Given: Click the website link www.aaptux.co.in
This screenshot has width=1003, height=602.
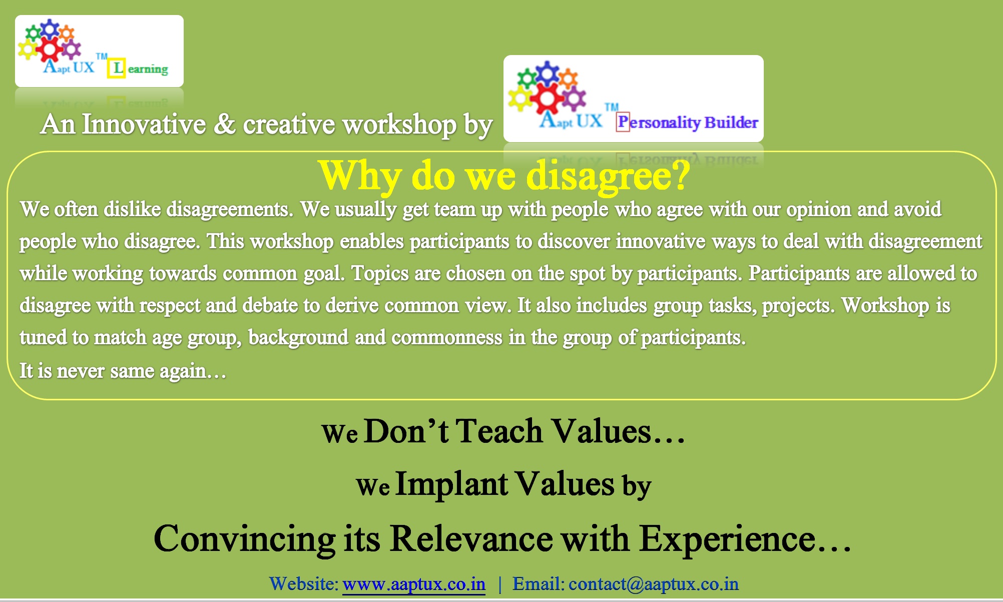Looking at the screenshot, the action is (x=414, y=584).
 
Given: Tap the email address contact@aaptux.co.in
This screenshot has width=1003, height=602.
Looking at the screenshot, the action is (x=654, y=584).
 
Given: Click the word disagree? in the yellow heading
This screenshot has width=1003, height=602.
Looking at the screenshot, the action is (x=609, y=176).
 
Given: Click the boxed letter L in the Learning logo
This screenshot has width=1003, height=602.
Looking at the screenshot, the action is (x=117, y=68).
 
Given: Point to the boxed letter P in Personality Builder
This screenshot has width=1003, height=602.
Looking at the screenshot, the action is (x=623, y=122).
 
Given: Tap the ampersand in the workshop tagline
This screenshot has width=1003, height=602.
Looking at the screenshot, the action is (x=224, y=124).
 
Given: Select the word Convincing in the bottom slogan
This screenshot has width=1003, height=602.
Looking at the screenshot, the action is (x=245, y=539).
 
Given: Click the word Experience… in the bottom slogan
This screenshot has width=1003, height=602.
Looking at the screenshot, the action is (x=745, y=539).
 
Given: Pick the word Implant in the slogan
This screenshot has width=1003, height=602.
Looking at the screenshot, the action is (x=452, y=484).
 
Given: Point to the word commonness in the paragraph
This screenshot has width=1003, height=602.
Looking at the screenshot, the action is (x=446, y=337).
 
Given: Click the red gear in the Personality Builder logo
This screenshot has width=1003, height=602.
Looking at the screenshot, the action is (x=547, y=98).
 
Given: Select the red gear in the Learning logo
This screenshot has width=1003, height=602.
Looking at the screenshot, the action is (x=50, y=49).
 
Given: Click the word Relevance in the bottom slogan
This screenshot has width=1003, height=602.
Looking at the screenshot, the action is (x=471, y=539).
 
